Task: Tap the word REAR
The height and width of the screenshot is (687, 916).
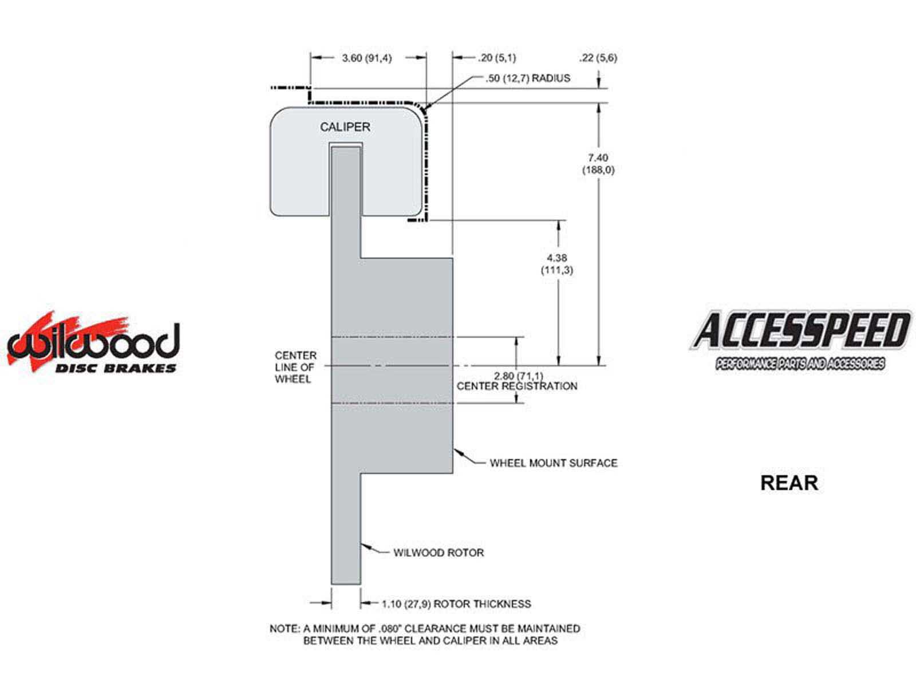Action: [789, 483]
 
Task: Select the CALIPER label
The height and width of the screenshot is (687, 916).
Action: [345, 127]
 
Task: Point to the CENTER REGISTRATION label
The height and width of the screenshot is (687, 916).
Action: [517, 386]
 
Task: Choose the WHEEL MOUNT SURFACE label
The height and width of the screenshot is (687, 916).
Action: [554, 463]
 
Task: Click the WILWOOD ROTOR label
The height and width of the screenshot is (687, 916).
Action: [439, 552]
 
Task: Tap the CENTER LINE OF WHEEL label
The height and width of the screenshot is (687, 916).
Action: [295, 368]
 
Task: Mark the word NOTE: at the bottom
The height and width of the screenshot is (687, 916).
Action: [284, 629]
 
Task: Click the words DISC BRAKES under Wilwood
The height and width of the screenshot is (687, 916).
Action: [116, 368]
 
